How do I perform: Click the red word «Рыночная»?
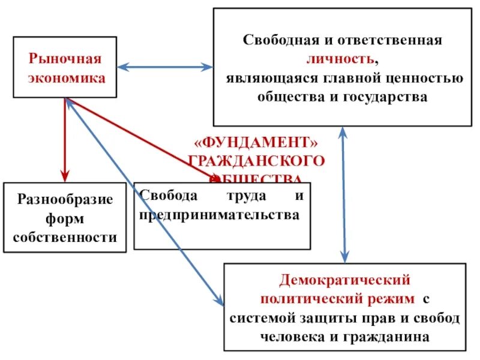pyautogui.click(x=65, y=59)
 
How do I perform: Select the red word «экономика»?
pyautogui.click(x=65, y=77)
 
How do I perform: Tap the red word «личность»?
pyautogui.click(x=341, y=59)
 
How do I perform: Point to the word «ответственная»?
pyautogui.click(x=392, y=40)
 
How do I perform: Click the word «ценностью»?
pyautogui.click(x=429, y=78)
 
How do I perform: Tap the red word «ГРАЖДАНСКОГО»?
pyautogui.click(x=257, y=161)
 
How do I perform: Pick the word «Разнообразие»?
pyautogui.click(x=65, y=199)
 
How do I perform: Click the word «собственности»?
pyautogui.click(x=65, y=236)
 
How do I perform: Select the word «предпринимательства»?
pyautogui.click(x=219, y=214)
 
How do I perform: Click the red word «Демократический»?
pyautogui.click(x=344, y=280)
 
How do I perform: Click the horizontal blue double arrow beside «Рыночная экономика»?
pyautogui.click(x=166, y=67)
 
